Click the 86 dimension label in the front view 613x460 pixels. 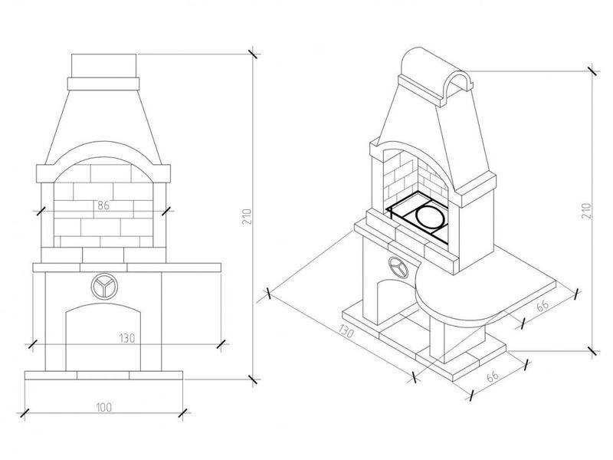coord(103,205)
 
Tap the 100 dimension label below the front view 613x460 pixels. coord(103,407)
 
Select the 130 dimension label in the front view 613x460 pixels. coord(127,338)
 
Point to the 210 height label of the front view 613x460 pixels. coord(247,217)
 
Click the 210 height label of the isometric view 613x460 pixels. coord(587,211)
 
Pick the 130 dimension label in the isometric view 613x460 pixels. coord(346,331)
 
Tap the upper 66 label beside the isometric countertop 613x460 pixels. coord(543,306)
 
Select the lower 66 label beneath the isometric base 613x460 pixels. coord(493,376)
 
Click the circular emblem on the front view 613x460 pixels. coord(104,287)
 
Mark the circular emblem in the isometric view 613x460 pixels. coord(398,268)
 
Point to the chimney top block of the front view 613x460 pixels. coord(104,66)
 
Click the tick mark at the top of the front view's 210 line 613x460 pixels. coord(253,54)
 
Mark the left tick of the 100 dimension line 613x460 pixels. coord(25,413)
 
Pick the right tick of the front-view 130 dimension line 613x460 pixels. coord(221,344)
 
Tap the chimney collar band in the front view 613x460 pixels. coord(103,84)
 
